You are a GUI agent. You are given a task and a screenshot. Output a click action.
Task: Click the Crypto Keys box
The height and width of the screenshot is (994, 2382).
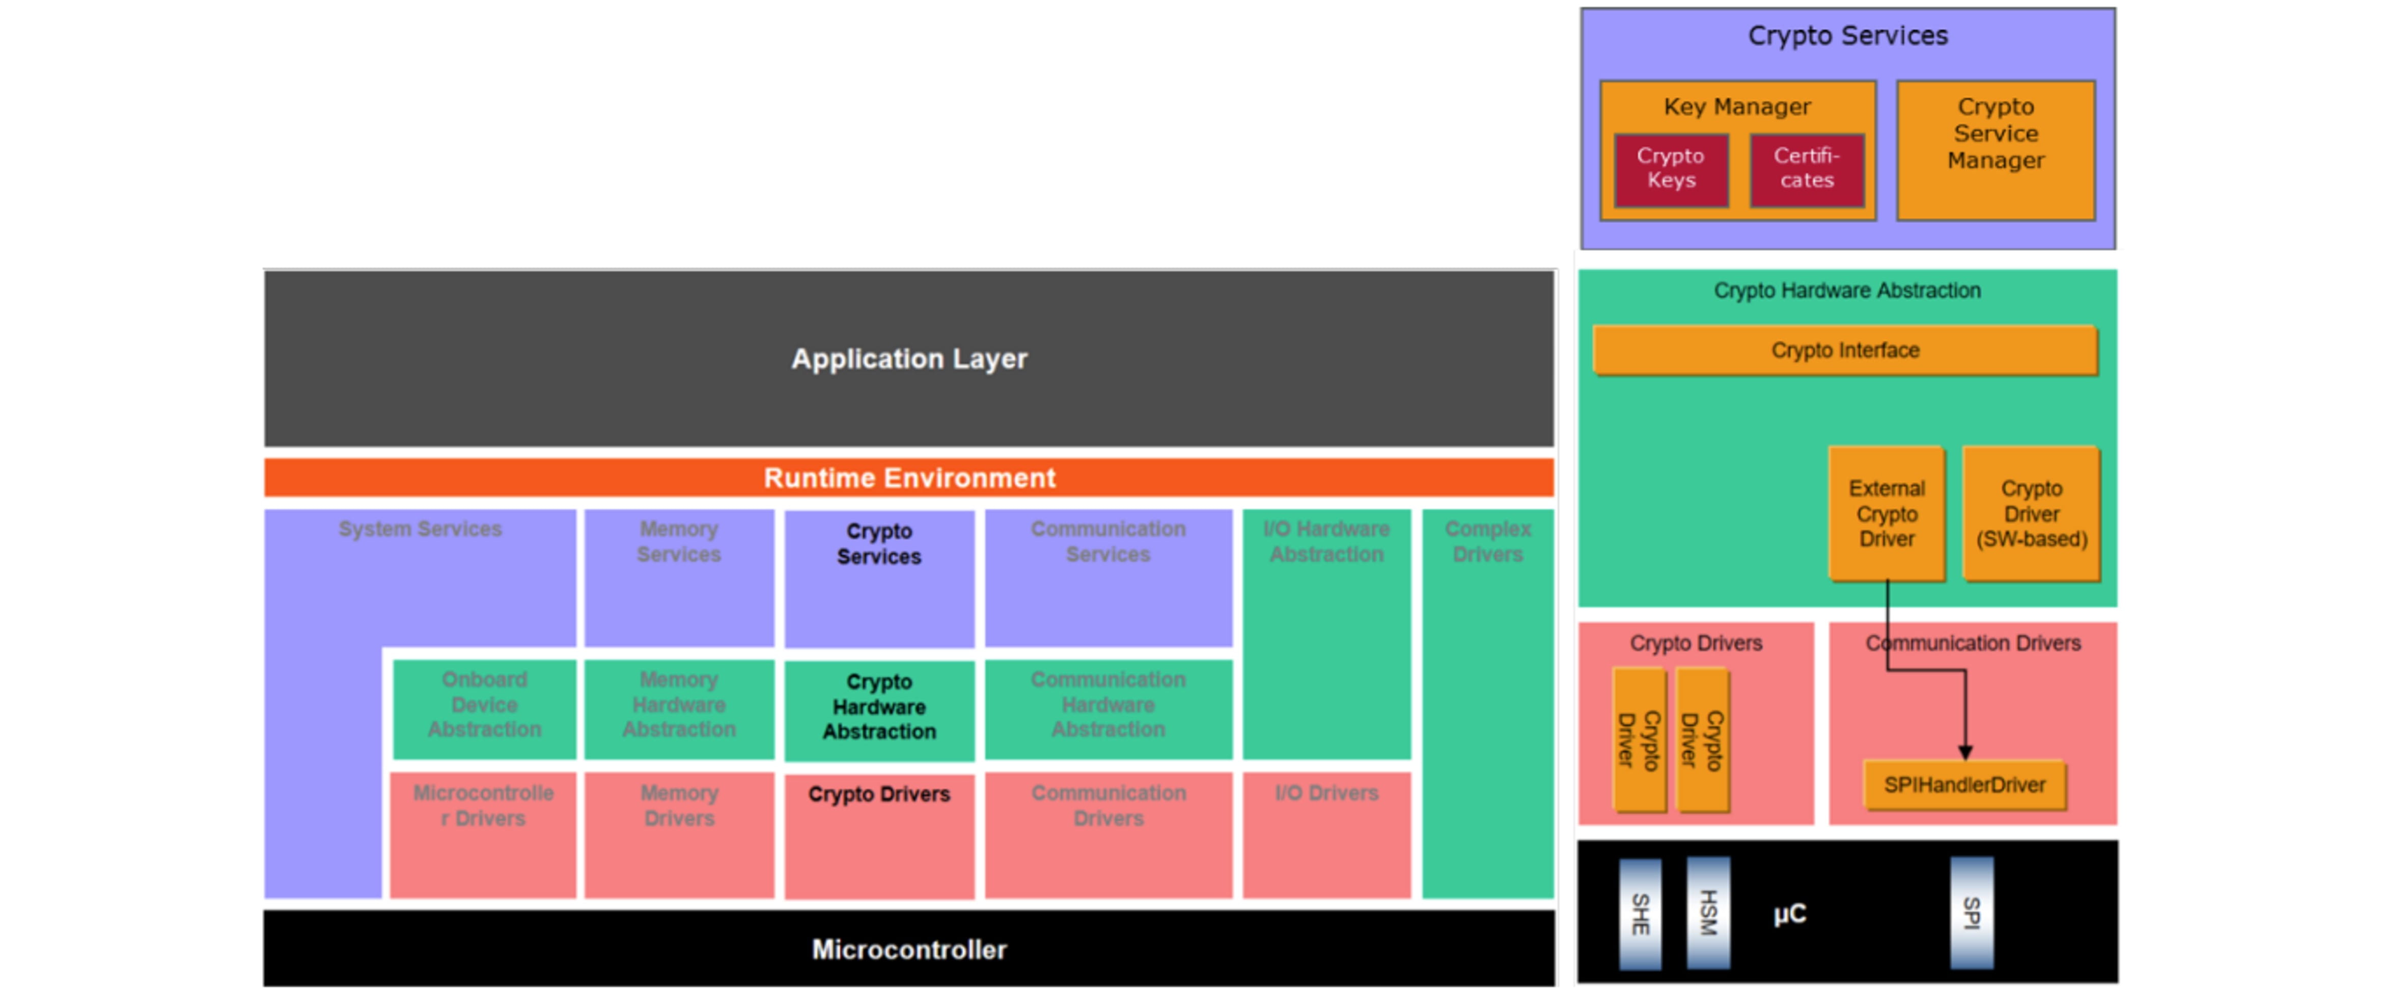click(1671, 169)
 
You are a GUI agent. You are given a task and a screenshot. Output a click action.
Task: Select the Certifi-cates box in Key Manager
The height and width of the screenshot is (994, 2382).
click(1807, 169)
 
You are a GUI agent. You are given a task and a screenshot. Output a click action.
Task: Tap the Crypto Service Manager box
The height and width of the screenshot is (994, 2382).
click(1996, 150)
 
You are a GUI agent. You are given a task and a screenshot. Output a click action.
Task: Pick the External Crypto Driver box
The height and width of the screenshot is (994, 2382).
click(1887, 513)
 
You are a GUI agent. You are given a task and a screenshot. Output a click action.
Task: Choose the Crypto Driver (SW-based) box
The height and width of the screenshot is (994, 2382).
click(2031, 513)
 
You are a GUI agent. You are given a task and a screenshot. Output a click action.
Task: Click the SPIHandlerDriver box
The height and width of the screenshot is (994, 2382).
click(1964, 785)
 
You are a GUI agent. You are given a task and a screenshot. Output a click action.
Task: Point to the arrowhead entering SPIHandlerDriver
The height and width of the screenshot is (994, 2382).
click(1965, 753)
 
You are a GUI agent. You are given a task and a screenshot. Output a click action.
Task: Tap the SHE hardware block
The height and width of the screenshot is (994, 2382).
click(1640, 914)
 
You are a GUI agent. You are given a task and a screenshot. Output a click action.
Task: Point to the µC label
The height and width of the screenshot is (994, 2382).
click(1789, 914)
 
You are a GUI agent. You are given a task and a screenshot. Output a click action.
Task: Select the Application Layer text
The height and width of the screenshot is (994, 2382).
click(909, 359)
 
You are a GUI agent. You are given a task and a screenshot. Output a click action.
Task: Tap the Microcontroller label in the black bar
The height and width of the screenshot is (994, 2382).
click(909, 950)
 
